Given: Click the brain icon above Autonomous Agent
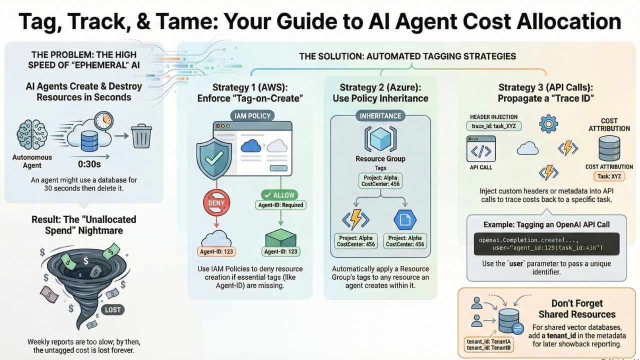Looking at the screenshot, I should (x=31, y=135).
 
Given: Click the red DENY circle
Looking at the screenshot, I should (x=216, y=203).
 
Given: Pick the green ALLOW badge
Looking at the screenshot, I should (x=279, y=194).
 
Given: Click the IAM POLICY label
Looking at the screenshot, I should (x=252, y=116).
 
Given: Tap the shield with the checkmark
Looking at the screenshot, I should (x=214, y=158).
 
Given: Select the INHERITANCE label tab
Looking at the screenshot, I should (x=380, y=116).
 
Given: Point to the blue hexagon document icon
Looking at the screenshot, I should (x=405, y=219).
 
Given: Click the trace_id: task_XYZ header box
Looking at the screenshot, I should (x=493, y=126).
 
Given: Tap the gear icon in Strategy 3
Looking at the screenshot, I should (x=549, y=123).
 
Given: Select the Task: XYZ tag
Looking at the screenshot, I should (x=609, y=176).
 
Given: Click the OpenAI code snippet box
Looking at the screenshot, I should (x=546, y=244).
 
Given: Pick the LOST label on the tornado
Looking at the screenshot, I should (x=112, y=309).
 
